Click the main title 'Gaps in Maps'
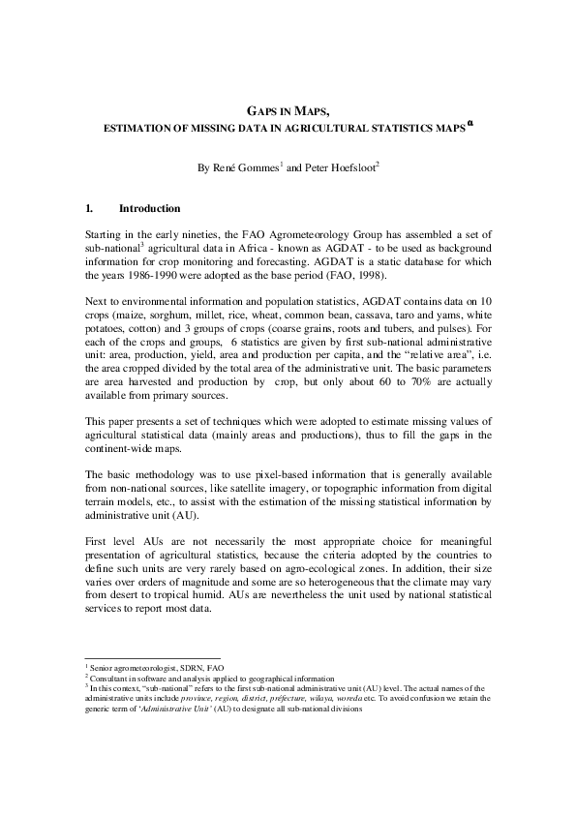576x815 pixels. (x=288, y=111)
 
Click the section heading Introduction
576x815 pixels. (x=149, y=208)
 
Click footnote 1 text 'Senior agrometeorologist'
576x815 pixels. (x=128, y=668)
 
